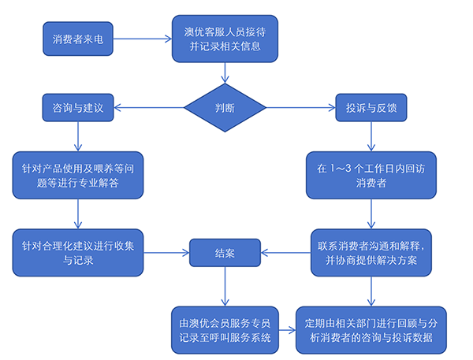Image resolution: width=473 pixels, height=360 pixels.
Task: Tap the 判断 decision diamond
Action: coord(225,107)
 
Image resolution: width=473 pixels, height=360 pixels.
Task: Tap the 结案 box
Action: coord(225,253)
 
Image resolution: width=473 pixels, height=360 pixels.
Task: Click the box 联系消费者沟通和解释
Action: coord(372,252)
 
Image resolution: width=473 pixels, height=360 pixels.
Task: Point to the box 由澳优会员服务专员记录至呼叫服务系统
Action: coord(225,330)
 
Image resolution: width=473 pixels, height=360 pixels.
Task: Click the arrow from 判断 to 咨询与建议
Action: coord(150,107)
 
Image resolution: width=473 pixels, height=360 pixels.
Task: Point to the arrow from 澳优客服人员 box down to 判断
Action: coord(226,72)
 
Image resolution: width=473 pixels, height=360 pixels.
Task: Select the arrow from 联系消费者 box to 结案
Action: coord(284,253)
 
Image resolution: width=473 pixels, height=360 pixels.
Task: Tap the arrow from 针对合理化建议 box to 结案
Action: coord(166,253)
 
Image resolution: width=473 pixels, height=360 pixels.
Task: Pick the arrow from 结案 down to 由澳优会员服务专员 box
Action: coord(225,286)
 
